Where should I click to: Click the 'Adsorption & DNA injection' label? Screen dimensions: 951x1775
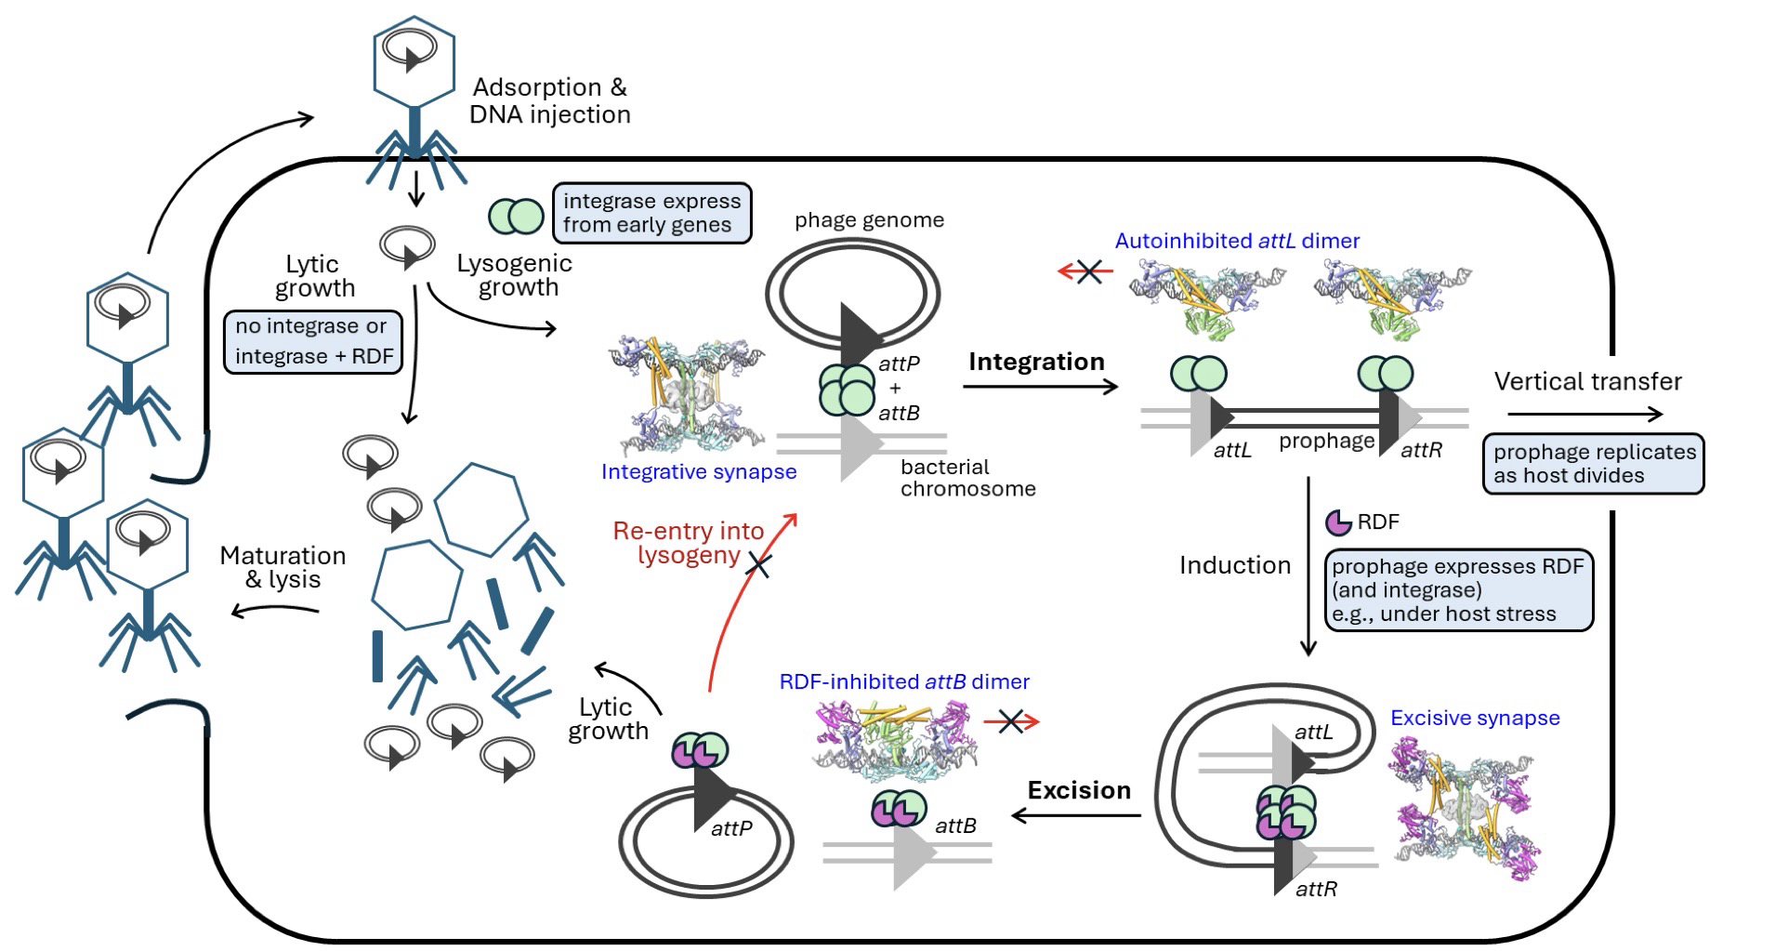tap(549, 100)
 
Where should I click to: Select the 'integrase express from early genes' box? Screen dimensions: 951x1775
tap(651, 213)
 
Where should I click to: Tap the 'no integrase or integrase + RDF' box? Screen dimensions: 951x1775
tap(313, 341)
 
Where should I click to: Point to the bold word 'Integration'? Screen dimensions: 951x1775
tap(1036, 362)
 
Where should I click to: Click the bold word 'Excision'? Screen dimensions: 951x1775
tap(1079, 790)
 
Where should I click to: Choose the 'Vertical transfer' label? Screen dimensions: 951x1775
tap(1587, 381)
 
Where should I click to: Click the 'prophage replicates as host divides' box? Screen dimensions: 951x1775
tap(1593, 463)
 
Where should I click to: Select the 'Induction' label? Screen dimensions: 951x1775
tap(1234, 565)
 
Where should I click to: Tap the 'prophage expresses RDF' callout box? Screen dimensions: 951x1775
tap(1457, 589)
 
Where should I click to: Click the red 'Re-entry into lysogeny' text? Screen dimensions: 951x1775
tap(689, 544)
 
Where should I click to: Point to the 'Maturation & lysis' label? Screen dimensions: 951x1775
tap(283, 567)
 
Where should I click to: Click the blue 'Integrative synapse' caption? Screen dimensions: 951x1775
tap(698, 471)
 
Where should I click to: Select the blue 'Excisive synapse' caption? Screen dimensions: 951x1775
tap(1475, 718)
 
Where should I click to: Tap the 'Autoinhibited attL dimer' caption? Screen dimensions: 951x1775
tap(1237, 241)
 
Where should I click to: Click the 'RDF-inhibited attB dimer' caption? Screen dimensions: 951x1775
tap(904, 681)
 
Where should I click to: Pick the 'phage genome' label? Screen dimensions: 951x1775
tap(869, 220)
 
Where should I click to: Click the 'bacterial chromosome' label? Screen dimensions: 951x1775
tap(966, 478)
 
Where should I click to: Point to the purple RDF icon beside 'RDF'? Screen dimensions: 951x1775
tap(1338, 522)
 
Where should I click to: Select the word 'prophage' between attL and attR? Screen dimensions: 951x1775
tap(1326, 441)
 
